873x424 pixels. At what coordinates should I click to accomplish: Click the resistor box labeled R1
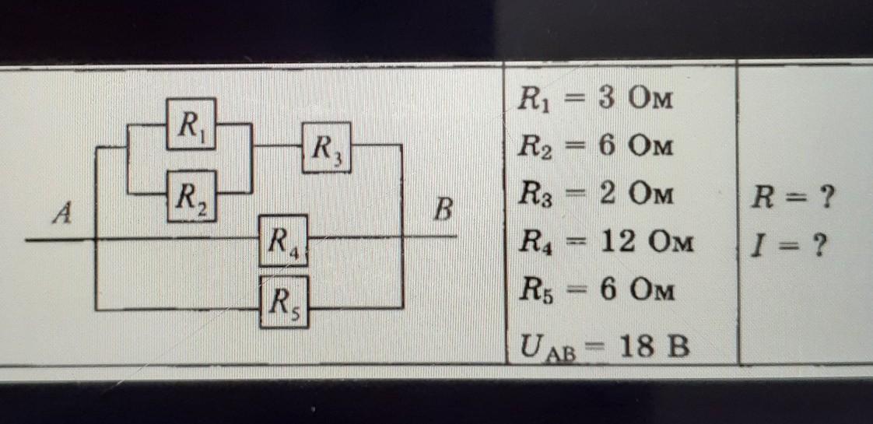[191, 124]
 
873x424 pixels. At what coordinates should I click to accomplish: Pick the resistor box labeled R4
[283, 240]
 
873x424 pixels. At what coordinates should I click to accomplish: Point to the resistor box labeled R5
[283, 300]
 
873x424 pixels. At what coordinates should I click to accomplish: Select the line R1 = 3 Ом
[594, 101]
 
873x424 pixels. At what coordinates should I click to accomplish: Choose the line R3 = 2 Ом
[594, 194]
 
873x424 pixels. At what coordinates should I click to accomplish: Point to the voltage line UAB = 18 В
[605, 345]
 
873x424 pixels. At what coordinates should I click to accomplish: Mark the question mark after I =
[817, 248]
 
